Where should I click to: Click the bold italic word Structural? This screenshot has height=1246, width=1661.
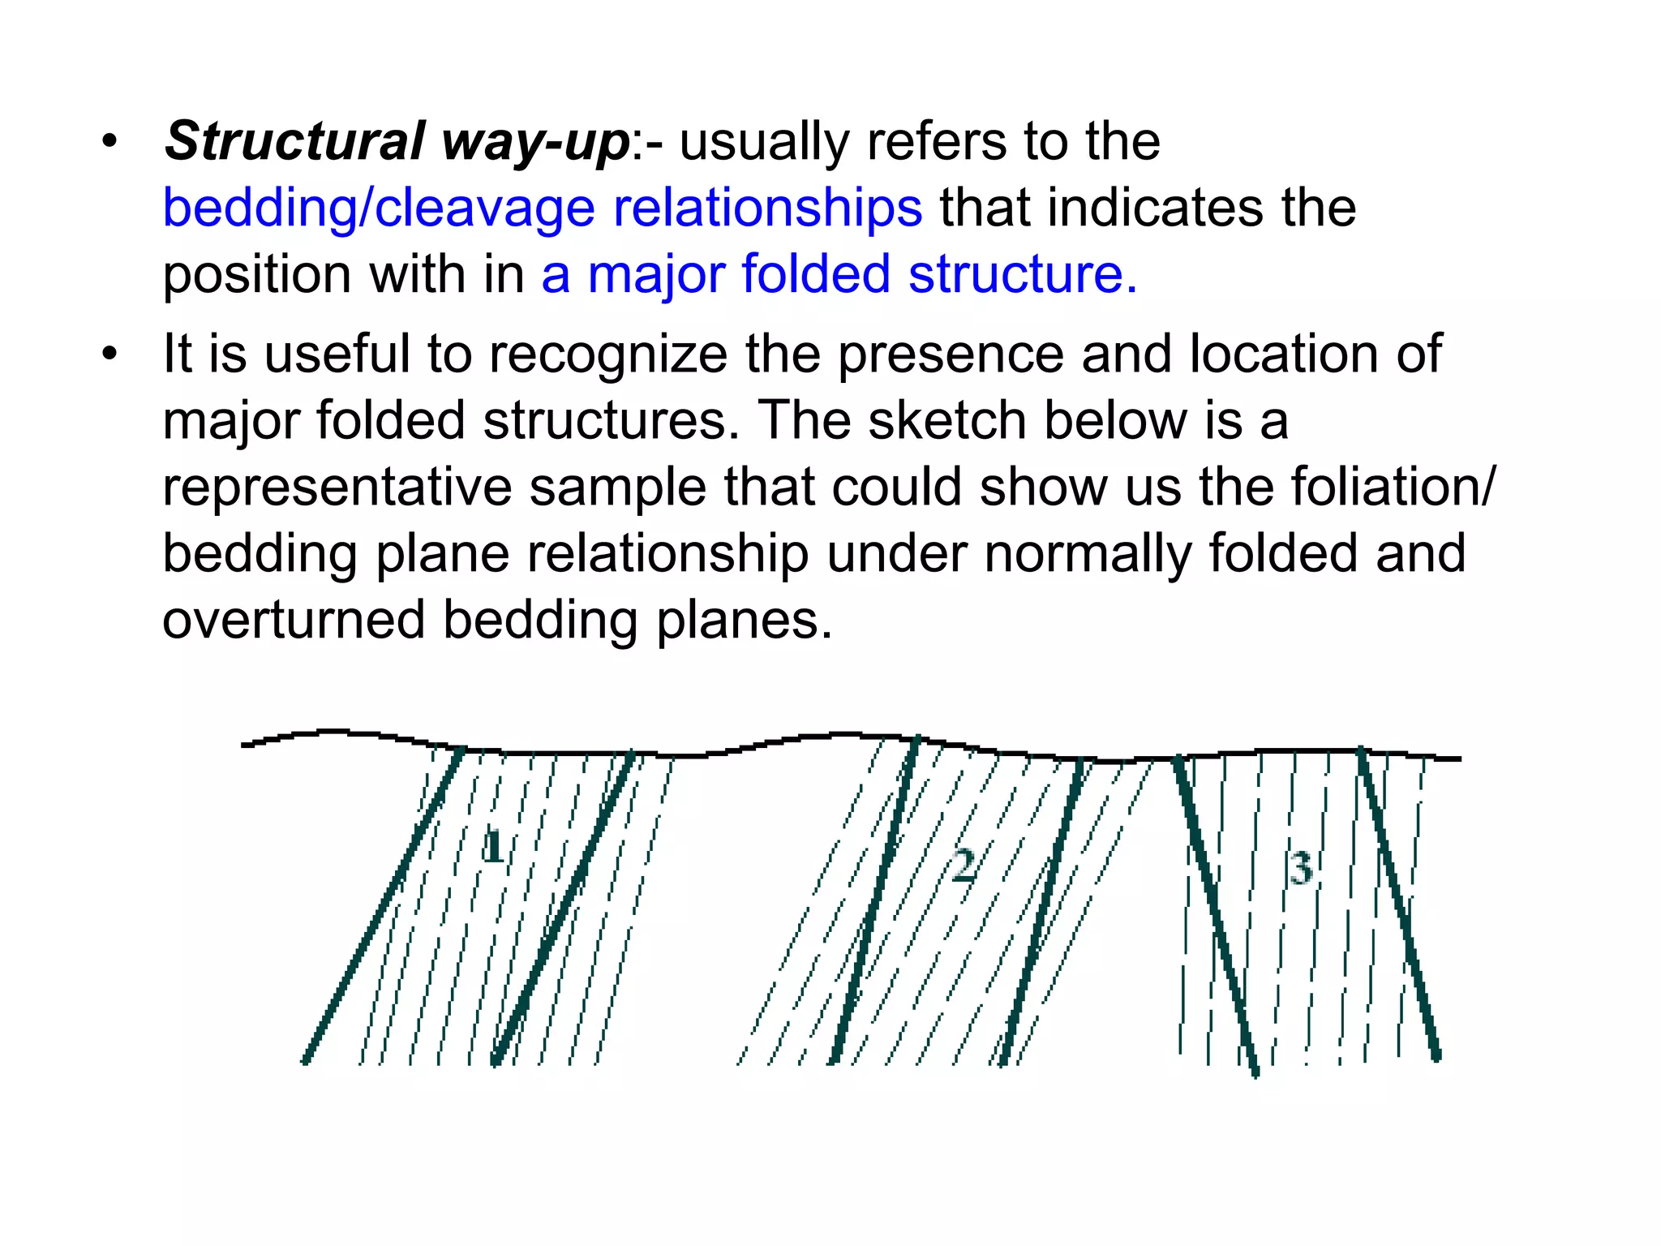(294, 141)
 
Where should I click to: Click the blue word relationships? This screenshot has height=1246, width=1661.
(767, 208)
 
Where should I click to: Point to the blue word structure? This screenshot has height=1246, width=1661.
(1023, 274)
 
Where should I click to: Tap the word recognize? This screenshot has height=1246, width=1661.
(608, 355)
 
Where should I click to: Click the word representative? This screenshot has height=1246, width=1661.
(337, 488)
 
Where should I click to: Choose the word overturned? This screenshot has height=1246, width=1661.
(294, 621)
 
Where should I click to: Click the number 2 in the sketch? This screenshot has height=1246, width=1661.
(964, 865)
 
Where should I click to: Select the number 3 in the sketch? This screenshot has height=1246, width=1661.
(1301, 869)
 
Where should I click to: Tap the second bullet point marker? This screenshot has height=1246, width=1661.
(109, 355)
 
